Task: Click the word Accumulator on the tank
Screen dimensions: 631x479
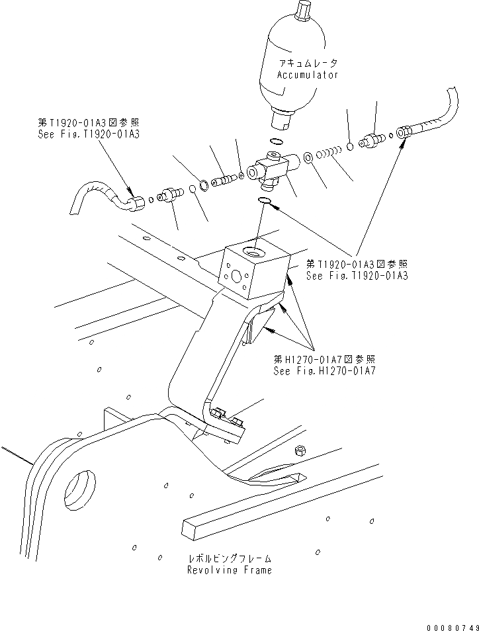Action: tap(307, 75)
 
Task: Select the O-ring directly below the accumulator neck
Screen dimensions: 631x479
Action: tap(278, 141)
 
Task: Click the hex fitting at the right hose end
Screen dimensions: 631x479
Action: tap(406, 132)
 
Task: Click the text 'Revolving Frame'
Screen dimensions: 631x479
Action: tap(229, 570)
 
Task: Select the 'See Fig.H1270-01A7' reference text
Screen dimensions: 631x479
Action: tap(324, 370)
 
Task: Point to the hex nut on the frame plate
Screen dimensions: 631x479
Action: tap(298, 450)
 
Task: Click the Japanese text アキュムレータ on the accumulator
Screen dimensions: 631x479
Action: tap(308, 63)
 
